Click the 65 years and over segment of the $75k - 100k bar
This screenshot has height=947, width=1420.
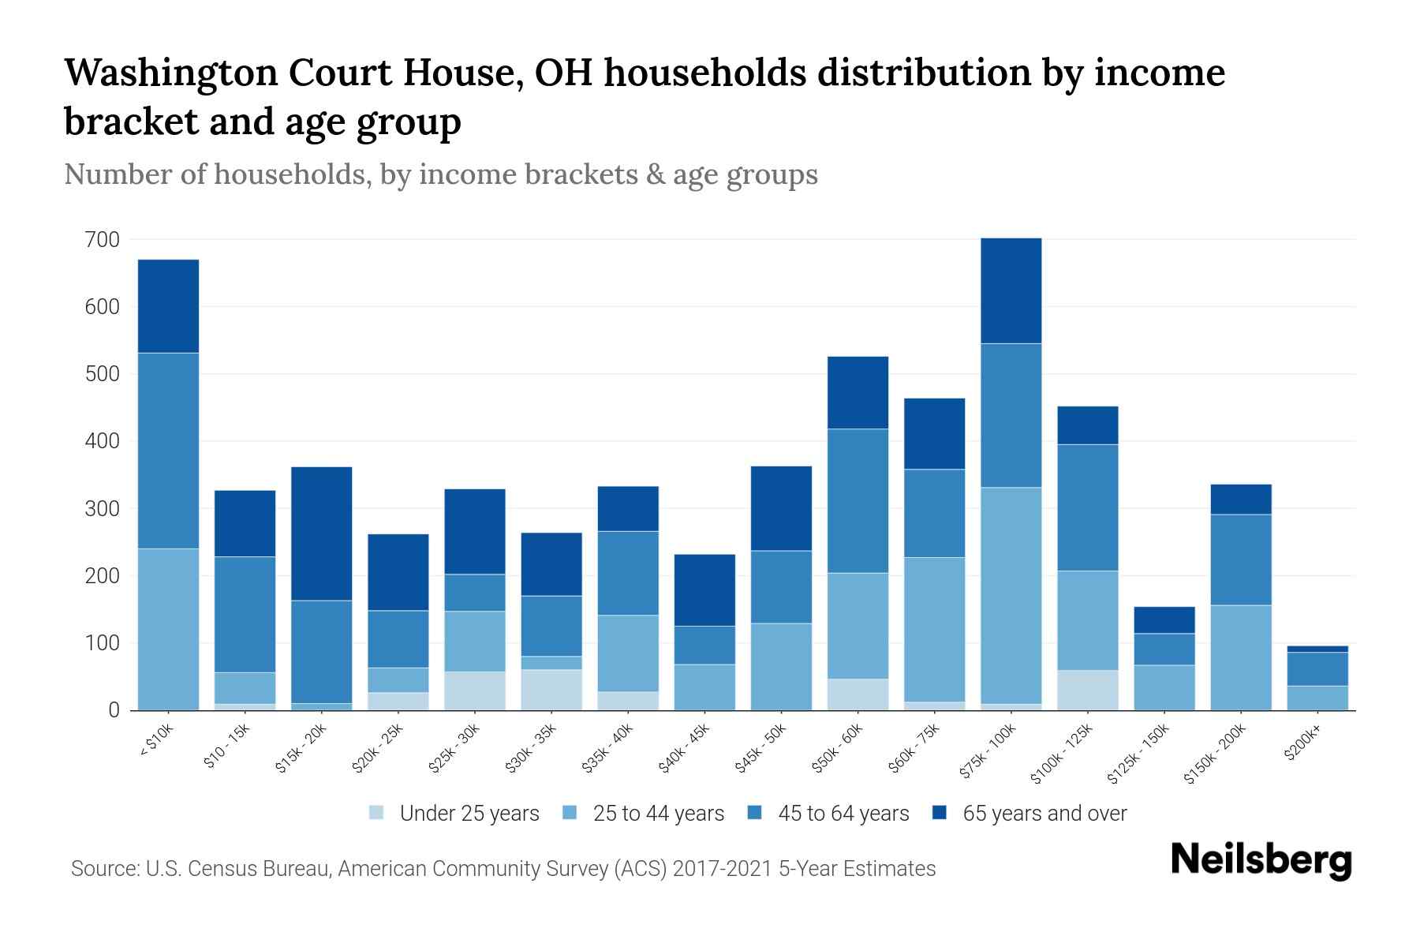pyautogui.click(x=1011, y=290)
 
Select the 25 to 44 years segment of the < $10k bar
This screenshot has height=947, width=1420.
pyautogui.click(x=168, y=629)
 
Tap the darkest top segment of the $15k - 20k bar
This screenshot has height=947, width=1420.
pyautogui.click(x=321, y=533)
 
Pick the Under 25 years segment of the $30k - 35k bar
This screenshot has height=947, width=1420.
pyautogui.click(x=551, y=690)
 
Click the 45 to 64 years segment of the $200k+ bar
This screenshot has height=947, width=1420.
pyautogui.click(x=1317, y=668)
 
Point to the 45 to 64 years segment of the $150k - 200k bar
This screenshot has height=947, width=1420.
pyautogui.click(x=1240, y=560)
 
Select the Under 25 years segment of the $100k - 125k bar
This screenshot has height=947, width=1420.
pyautogui.click(x=1087, y=690)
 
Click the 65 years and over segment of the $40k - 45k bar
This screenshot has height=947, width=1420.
pyautogui.click(x=704, y=590)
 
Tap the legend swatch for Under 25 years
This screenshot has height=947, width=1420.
pyautogui.click(x=377, y=812)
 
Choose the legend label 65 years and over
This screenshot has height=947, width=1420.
pyautogui.click(x=1044, y=813)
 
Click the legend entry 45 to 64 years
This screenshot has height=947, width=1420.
pyautogui.click(x=843, y=813)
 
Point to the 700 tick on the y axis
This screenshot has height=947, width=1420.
pyautogui.click(x=102, y=239)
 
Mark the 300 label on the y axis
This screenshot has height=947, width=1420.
pyautogui.click(x=102, y=508)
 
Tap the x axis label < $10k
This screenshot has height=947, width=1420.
pyautogui.click(x=157, y=743)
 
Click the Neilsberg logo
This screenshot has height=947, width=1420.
pyautogui.click(x=1261, y=859)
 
